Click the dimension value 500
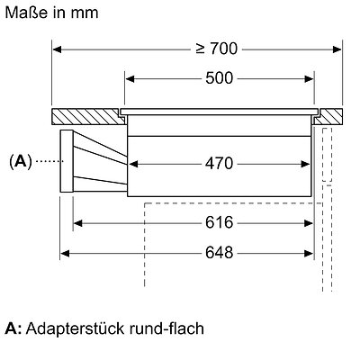pyautogui.click(x=219, y=78)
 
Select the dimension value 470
pyautogui.click(x=219, y=164)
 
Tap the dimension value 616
pyautogui.click(x=219, y=223)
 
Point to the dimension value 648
pyautogui.click(x=219, y=253)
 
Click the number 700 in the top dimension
pyautogui.click(x=223, y=49)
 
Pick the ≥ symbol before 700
pyautogui.click(x=201, y=49)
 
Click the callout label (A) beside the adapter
pyautogui.click(x=21, y=162)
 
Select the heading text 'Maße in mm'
pyautogui.click(x=51, y=13)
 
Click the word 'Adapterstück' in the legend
pyautogui.click(x=75, y=329)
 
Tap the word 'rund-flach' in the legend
pyautogui.click(x=166, y=328)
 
